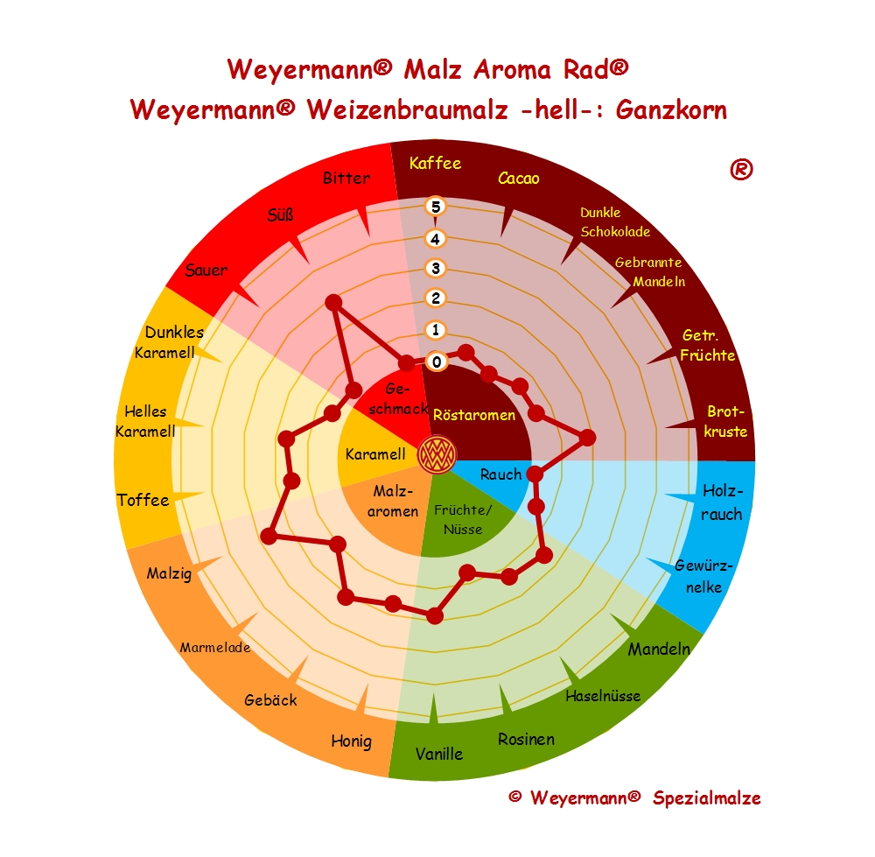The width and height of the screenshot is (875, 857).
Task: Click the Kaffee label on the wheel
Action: click(435, 163)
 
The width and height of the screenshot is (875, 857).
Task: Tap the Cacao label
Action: click(518, 179)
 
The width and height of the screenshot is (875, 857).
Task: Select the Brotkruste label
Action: click(726, 421)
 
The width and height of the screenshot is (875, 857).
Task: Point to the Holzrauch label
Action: click(721, 502)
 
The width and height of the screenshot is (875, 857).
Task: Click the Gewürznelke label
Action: click(703, 576)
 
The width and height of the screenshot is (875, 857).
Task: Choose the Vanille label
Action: click(439, 753)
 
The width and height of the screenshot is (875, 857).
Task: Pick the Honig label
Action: click(351, 741)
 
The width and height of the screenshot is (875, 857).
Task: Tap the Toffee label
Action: click(143, 500)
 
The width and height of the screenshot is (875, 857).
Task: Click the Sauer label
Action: click(206, 270)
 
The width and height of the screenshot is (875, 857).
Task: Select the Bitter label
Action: click(346, 179)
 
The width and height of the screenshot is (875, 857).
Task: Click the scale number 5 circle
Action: click(436, 207)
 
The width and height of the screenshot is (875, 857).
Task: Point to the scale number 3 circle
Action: click(436, 268)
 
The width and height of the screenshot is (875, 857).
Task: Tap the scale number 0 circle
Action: click(436, 361)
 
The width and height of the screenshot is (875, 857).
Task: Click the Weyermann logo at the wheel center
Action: click(436, 453)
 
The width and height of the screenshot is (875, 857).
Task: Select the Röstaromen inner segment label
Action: click(474, 415)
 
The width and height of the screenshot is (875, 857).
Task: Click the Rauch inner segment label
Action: click(501, 474)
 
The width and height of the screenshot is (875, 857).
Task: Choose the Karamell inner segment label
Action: click(374, 454)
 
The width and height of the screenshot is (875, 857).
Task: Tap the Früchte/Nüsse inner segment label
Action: click(464, 519)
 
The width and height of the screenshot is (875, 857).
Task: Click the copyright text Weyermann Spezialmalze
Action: click(634, 797)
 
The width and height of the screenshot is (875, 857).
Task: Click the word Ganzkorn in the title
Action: click(671, 110)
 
